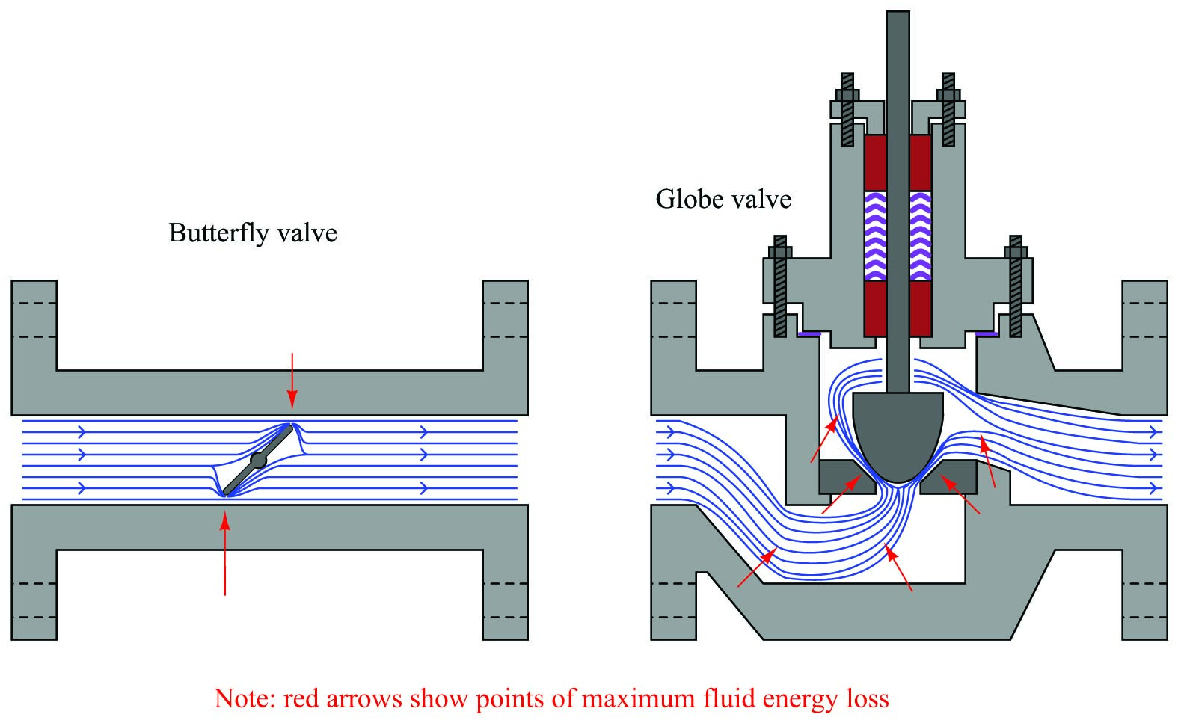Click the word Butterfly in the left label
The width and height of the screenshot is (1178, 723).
tap(218, 234)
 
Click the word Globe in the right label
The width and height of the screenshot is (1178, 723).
tap(688, 200)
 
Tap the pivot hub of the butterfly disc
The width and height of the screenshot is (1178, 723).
tap(258, 460)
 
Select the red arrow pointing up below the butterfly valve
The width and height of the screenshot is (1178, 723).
tap(225, 554)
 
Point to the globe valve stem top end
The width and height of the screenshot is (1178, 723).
tap(898, 11)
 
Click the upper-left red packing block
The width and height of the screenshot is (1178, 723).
tap(875, 162)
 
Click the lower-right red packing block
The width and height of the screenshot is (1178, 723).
tap(920, 308)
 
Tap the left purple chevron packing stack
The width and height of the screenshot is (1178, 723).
tap(875, 236)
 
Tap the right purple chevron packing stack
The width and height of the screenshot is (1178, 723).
tap(920, 236)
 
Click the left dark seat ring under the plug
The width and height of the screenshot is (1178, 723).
tap(847, 478)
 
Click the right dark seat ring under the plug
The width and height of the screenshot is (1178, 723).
tap(948, 478)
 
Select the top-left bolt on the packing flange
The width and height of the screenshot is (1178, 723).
tap(847, 109)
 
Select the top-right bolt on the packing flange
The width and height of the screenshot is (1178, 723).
tap(948, 109)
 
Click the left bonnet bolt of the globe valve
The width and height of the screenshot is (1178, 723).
tap(780, 286)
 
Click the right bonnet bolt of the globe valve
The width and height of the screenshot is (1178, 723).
tap(1016, 286)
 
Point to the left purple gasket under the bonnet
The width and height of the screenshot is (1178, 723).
tap(809, 334)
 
